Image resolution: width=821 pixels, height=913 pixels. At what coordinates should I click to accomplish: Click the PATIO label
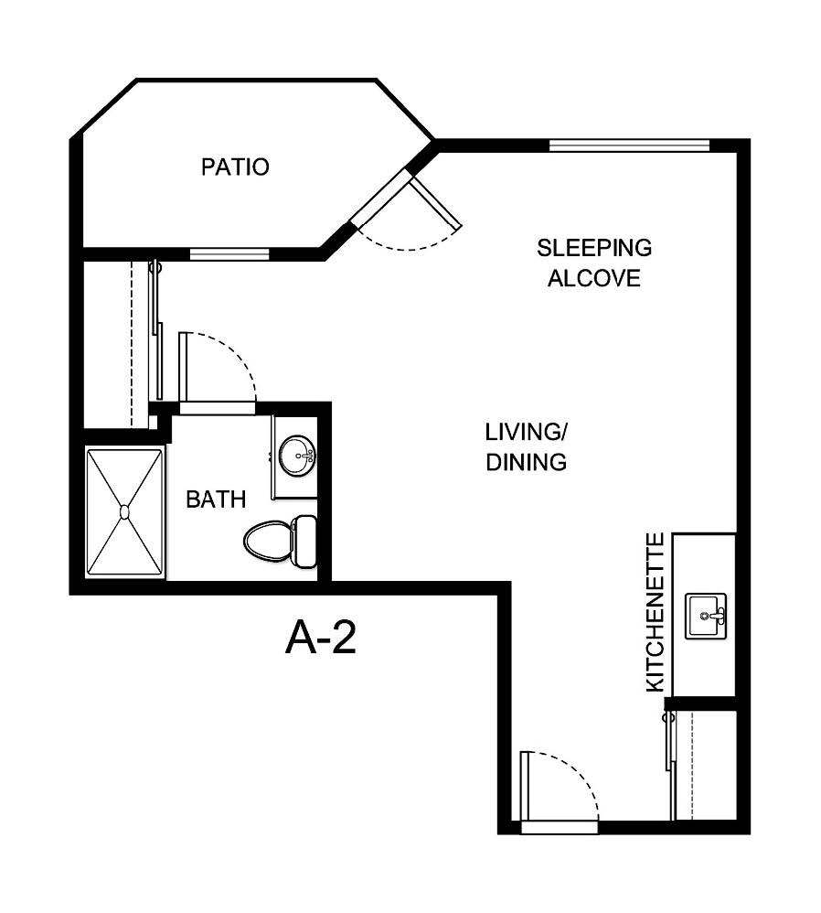235,167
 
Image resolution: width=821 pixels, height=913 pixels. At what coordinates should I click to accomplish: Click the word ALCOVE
593,278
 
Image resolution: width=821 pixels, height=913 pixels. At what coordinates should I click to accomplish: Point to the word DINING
526,462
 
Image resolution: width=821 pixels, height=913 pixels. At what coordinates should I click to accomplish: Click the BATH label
216,499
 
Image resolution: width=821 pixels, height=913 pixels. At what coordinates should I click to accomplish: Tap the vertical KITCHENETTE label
656,612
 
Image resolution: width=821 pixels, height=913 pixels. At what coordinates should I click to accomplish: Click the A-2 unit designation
320,638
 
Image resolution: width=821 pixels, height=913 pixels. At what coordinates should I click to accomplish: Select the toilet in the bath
279,540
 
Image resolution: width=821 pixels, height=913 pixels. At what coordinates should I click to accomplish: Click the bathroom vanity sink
296,455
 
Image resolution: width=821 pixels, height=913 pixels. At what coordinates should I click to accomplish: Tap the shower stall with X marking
124,512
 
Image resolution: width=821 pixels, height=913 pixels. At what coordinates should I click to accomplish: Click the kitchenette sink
706,616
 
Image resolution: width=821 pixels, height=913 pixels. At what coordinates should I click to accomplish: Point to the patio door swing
411,220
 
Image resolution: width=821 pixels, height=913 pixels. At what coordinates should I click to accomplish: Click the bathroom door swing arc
224,366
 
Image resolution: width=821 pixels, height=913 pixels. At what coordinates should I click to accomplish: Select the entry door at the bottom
558,789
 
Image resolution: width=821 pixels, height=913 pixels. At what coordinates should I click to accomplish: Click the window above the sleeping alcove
629,145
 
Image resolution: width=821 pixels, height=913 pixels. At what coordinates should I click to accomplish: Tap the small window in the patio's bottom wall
229,253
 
